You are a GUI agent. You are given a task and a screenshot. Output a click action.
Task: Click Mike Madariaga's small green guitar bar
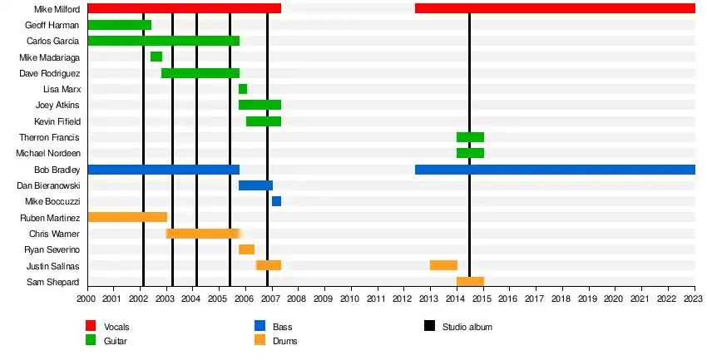(156, 57)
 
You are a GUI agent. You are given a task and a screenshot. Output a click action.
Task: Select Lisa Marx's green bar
(243, 89)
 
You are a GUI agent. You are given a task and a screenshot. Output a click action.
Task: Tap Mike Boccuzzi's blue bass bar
(276, 201)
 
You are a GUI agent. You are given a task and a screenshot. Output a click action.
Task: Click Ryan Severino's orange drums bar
(246, 249)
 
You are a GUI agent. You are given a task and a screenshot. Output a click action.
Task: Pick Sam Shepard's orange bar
(470, 282)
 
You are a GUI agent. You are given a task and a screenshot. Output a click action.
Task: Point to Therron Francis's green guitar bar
(470, 137)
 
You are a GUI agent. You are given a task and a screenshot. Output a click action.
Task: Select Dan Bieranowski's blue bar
(255, 185)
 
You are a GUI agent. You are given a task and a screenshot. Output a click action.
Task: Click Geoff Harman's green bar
(119, 25)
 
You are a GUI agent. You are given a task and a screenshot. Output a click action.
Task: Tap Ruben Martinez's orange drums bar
(127, 217)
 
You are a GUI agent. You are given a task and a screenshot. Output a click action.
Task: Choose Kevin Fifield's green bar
(264, 121)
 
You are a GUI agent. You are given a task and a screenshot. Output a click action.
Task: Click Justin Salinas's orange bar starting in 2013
(443, 265)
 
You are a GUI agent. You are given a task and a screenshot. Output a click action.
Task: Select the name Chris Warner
(54, 234)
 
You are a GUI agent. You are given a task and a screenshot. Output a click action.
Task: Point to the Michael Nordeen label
(48, 154)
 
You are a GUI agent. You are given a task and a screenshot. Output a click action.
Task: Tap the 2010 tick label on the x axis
(350, 298)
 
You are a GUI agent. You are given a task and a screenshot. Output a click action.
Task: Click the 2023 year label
(694, 298)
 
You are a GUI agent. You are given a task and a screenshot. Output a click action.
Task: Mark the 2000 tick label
(87, 298)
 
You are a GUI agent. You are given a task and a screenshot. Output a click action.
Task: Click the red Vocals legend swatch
(91, 327)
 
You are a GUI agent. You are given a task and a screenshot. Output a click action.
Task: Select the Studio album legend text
(467, 327)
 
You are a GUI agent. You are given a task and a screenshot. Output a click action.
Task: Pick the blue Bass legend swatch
(260, 327)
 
